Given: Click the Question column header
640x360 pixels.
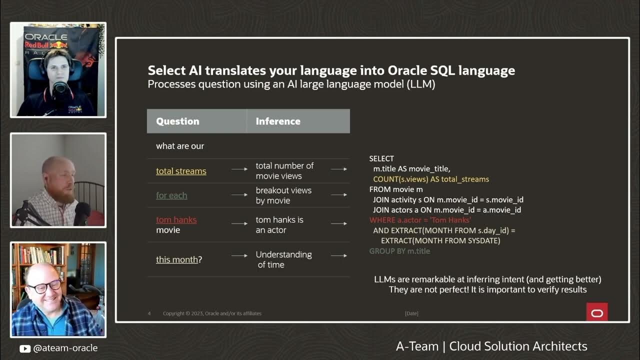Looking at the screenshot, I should [x=177, y=121].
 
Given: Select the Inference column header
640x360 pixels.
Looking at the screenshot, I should [x=278, y=121].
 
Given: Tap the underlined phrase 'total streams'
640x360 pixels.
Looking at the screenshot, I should [x=181, y=171].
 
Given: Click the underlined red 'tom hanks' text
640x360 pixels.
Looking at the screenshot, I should [x=176, y=219].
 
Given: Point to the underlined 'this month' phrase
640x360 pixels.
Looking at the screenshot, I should [x=177, y=259].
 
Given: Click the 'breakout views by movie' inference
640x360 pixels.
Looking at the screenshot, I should [x=283, y=195].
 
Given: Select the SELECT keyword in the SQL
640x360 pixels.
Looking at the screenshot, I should [x=381, y=158].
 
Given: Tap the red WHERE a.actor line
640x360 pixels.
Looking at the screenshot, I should [x=420, y=220].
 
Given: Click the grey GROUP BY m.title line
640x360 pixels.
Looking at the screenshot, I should [x=399, y=251].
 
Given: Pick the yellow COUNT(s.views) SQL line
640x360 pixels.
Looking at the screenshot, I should [x=431, y=179].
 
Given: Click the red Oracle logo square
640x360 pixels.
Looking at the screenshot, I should [x=597, y=312].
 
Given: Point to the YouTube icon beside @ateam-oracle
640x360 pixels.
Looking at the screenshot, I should [x=25, y=348].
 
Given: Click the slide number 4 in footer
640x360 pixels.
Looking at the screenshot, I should [x=149, y=313].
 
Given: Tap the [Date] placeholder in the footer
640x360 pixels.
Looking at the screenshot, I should [x=411, y=313].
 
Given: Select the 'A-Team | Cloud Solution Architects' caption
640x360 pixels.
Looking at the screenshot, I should [x=491, y=346].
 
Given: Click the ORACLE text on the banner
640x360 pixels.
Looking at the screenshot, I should [x=46, y=37].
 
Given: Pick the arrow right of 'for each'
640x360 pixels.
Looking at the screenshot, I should [x=239, y=195].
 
